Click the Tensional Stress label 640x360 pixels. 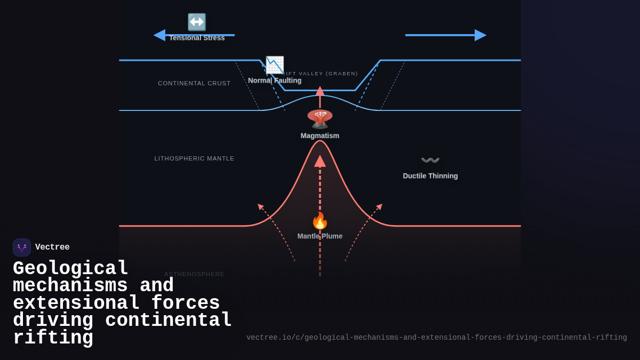[197, 38]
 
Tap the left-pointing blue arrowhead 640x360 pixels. [159, 35]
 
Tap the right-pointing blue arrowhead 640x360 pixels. [480, 35]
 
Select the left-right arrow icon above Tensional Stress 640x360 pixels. [197, 22]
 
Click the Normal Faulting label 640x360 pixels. [275, 81]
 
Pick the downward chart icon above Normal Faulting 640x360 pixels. [275, 65]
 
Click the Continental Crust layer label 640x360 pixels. [194, 83]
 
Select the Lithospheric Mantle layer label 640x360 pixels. [194, 158]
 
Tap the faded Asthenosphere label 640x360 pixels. [194, 274]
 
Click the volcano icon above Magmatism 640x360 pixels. [320, 118]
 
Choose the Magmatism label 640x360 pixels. [320, 135]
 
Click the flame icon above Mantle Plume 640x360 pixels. [320, 220]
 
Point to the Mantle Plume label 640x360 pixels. [320, 236]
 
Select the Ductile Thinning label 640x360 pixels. [430, 176]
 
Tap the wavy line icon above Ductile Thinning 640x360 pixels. [430, 160]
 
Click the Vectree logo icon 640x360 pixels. [22, 247]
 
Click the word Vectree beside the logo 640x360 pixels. [52, 247]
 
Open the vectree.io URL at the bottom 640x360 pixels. [436, 338]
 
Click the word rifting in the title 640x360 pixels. [53, 338]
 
